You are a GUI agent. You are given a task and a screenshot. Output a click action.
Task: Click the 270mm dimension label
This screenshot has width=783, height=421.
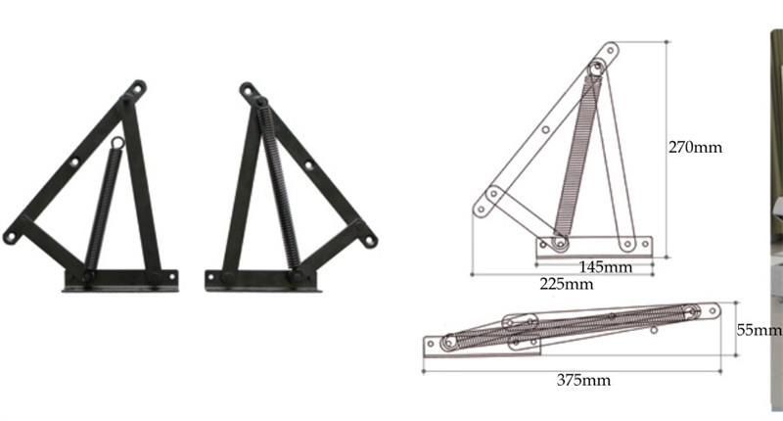tap(695, 147)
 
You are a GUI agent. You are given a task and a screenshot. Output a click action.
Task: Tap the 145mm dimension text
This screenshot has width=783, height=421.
tap(606, 267)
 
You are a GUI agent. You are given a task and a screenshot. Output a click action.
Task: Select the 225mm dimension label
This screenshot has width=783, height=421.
tap(567, 284)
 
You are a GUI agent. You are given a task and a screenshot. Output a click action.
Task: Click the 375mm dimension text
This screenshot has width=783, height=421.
tap(583, 380)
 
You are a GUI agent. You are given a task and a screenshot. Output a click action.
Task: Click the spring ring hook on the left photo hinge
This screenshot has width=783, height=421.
tap(117, 143)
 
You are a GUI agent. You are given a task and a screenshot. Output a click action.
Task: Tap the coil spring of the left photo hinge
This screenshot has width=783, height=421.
tap(104, 209)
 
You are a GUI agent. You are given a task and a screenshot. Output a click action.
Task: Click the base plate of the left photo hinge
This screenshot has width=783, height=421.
tap(120, 280)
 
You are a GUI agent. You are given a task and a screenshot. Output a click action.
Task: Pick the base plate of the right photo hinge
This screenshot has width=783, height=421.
tap(262, 281)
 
